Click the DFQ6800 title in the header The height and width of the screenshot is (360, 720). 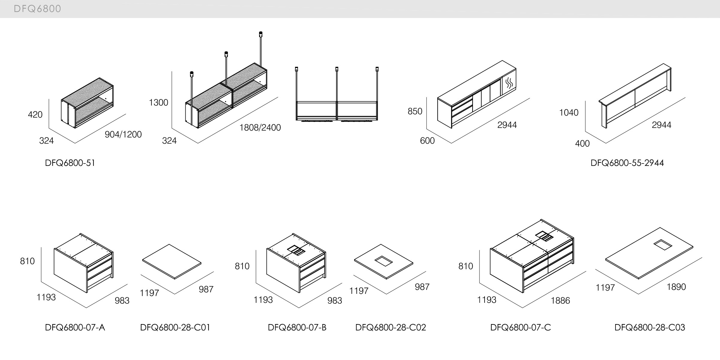(37, 9)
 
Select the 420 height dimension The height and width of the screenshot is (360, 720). (35, 115)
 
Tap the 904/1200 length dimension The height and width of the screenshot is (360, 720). (123, 134)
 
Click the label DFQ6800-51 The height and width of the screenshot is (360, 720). (70, 163)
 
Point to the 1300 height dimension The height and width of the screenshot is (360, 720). (158, 103)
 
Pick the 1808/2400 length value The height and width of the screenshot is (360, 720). (260, 128)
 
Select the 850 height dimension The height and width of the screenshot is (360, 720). (415, 111)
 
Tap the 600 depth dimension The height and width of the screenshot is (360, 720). (427, 141)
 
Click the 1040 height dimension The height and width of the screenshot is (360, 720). (569, 113)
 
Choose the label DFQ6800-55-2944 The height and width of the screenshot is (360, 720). (627, 163)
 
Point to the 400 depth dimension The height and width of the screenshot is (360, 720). (582, 144)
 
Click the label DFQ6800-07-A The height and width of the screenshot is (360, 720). (75, 327)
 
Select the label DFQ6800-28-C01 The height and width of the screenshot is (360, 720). (175, 327)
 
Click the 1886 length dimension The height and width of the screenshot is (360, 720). (560, 301)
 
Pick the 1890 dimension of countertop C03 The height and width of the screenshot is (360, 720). (676, 287)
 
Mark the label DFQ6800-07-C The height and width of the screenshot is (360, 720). (521, 327)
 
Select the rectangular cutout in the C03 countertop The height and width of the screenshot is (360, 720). (661, 244)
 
